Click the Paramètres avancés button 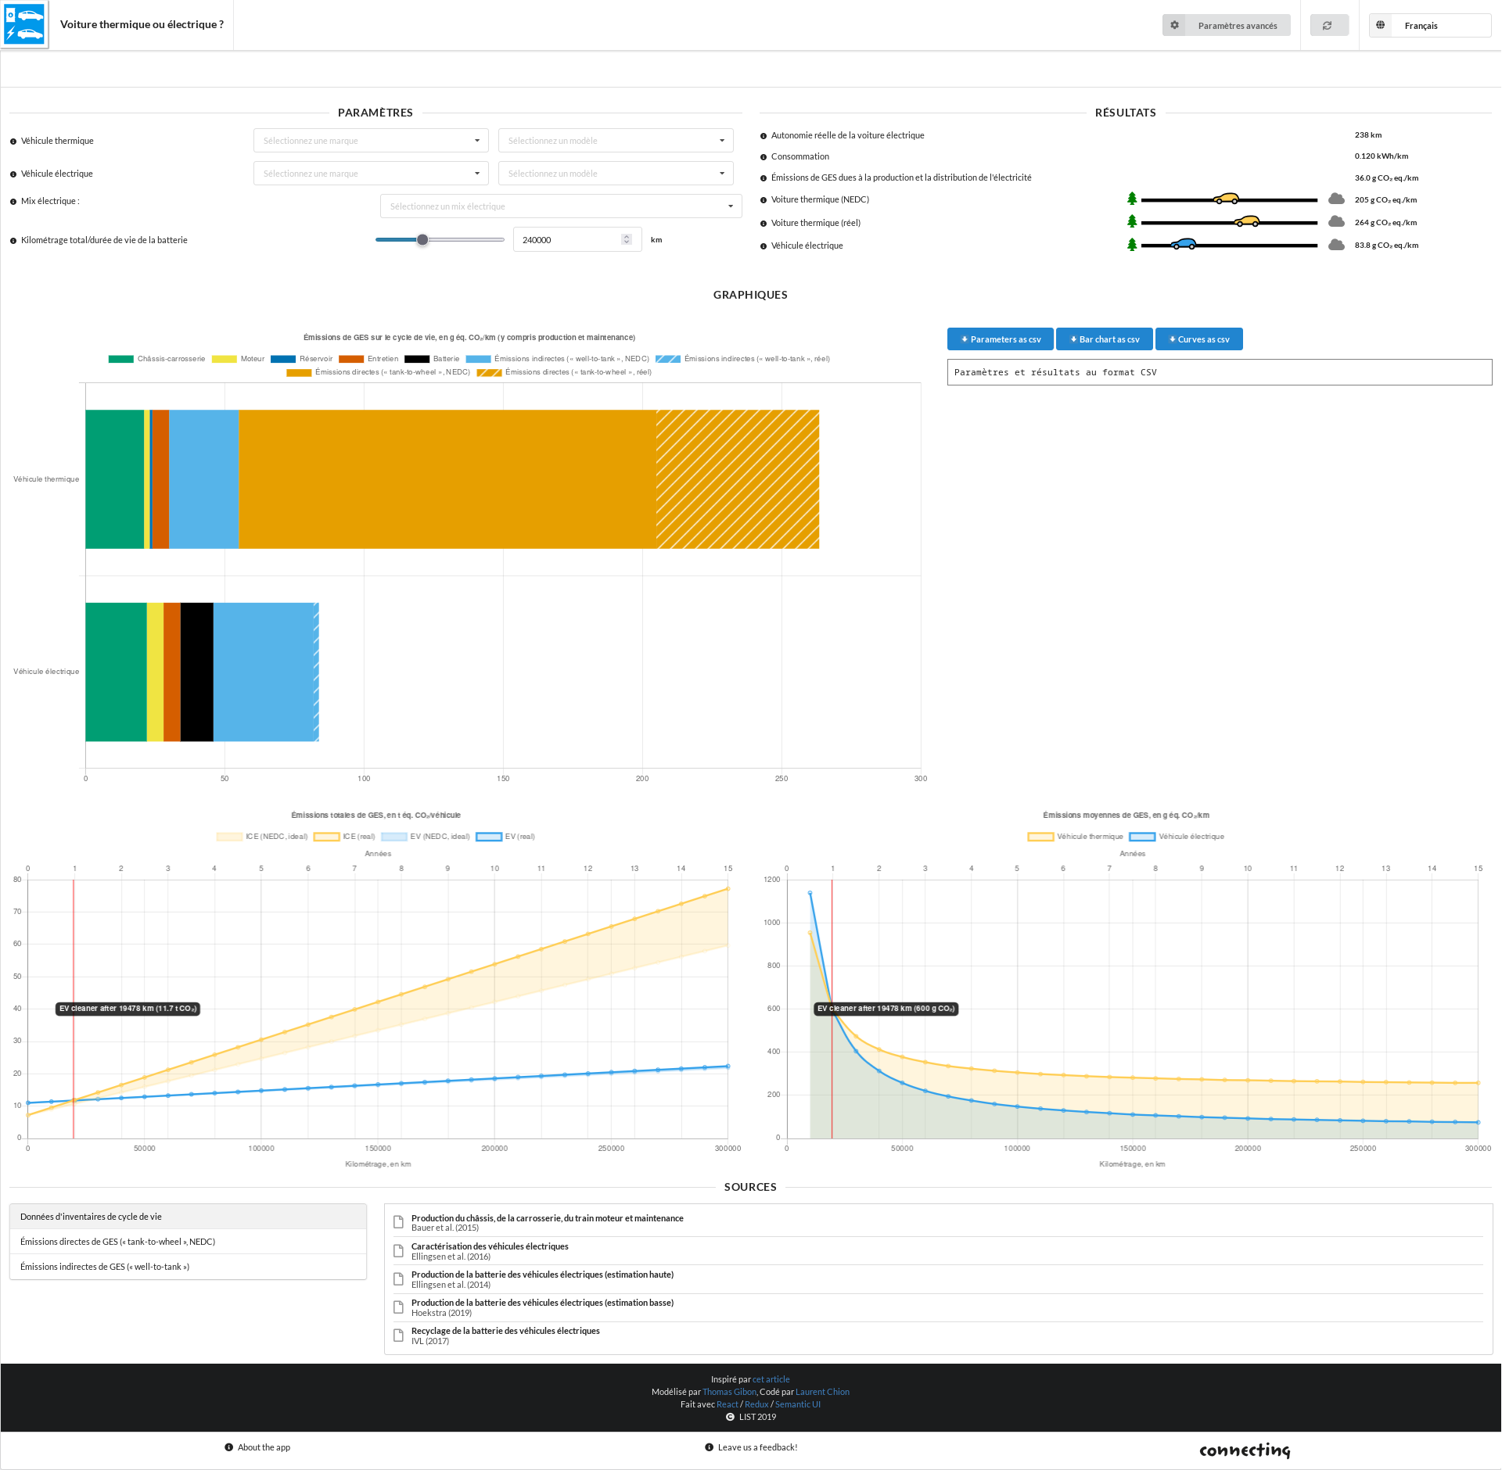(1226, 26)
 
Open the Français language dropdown (1429, 26)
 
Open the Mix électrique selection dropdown (561, 206)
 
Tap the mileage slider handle (422, 240)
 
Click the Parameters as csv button (1001, 339)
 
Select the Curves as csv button (1198, 339)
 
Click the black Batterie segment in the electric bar (196, 672)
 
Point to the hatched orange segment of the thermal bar (737, 479)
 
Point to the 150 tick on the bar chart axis (503, 779)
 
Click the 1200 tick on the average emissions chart (772, 880)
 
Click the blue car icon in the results (1184, 244)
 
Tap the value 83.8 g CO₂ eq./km (1386, 246)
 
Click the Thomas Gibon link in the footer (729, 1392)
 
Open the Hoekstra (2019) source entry (542, 1307)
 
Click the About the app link (264, 1447)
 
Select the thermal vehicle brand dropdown (371, 141)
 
